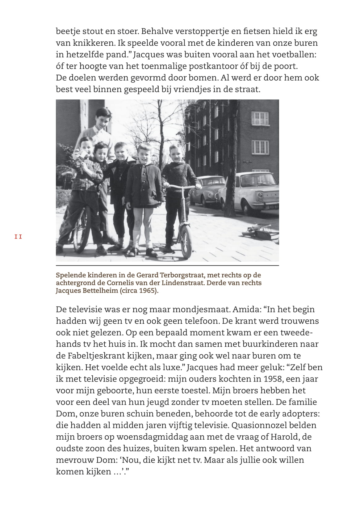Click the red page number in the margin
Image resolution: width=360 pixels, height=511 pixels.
[x=18, y=237]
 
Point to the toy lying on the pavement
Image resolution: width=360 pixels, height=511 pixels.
[x=259, y=232]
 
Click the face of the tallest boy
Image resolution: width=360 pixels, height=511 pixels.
[x=103, y=119]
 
